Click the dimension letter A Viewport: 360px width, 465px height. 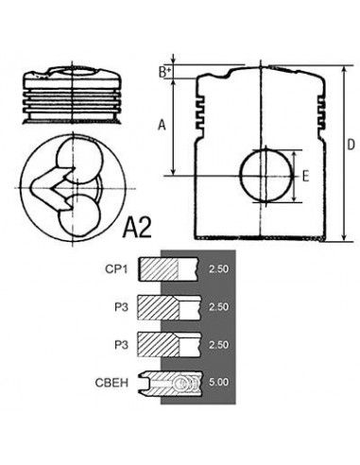click(x=162, y=124)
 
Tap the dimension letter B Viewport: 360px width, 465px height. click(x=163, y=72)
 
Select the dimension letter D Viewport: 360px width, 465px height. click(x=351, y=145)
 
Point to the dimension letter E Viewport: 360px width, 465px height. click(x=304, y=176)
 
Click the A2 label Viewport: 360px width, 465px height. click(x=141, y=226)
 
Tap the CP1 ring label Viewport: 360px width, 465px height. click(x=118, y=269)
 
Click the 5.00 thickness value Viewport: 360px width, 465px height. click(x=217, y=383)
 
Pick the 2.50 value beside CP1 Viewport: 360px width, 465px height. click(x=217, y=269)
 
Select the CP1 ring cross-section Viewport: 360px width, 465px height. click(x=168, y=269)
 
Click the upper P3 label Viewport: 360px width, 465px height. click(x=121, y=306)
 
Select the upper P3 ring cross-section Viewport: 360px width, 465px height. click(x=168, y=306)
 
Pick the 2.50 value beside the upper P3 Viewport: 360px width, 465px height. click(x=217, y=306)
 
